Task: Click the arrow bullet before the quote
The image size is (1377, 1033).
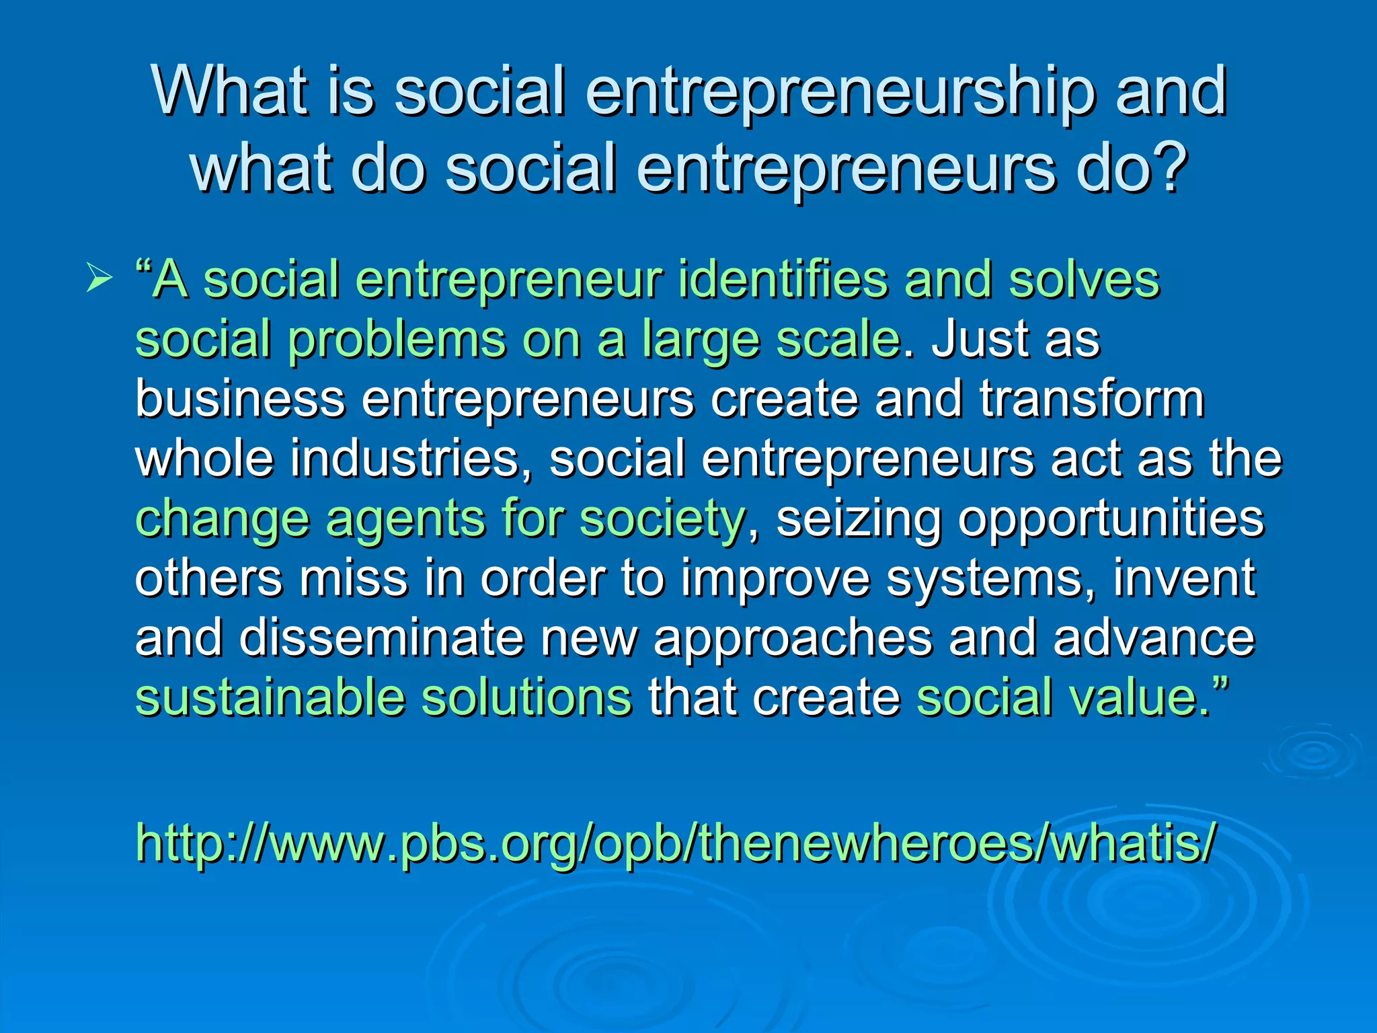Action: (x=99, y=279)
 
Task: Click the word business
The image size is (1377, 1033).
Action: (x=240, y=399)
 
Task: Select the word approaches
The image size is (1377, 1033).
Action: (x=793, y=639)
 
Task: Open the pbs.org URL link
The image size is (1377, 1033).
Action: (x=675, y=843)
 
